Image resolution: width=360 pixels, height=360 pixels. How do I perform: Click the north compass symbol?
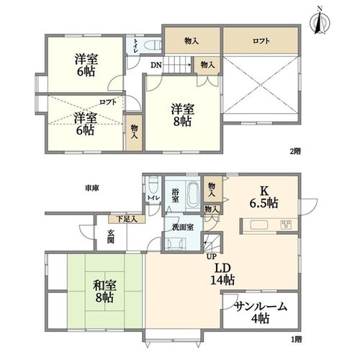pos(320,22)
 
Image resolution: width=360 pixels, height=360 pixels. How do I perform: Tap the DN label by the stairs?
pos(156,65)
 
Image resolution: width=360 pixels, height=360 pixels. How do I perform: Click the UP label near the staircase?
pos(212,256)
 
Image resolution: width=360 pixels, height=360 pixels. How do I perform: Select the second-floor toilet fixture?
pos(154,45)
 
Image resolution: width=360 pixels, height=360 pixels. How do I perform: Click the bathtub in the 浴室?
pos(193,194)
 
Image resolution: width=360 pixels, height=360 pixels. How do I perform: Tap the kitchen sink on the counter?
pos(259,225)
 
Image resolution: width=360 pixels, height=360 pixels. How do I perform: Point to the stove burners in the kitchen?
pos(286,225)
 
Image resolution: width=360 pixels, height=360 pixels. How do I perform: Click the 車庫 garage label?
pos(92,188)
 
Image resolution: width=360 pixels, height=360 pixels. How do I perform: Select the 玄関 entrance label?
pos(111,237)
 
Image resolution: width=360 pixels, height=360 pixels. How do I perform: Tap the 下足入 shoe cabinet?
pos(127,219)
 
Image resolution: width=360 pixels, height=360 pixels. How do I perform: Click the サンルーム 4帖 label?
pos(261,312)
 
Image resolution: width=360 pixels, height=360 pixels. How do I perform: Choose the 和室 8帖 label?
pos(104,292)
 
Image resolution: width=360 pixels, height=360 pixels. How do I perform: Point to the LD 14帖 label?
pos(222,274)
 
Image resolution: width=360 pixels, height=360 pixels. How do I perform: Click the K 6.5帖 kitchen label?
pos(264,197)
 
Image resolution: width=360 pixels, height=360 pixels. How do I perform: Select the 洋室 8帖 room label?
pos(183,115)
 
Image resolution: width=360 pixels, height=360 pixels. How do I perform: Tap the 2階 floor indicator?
pos(295,151)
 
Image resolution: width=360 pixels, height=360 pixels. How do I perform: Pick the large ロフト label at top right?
pos(261,41)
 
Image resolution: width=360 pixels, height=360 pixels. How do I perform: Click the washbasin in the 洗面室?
pos(177,243)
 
